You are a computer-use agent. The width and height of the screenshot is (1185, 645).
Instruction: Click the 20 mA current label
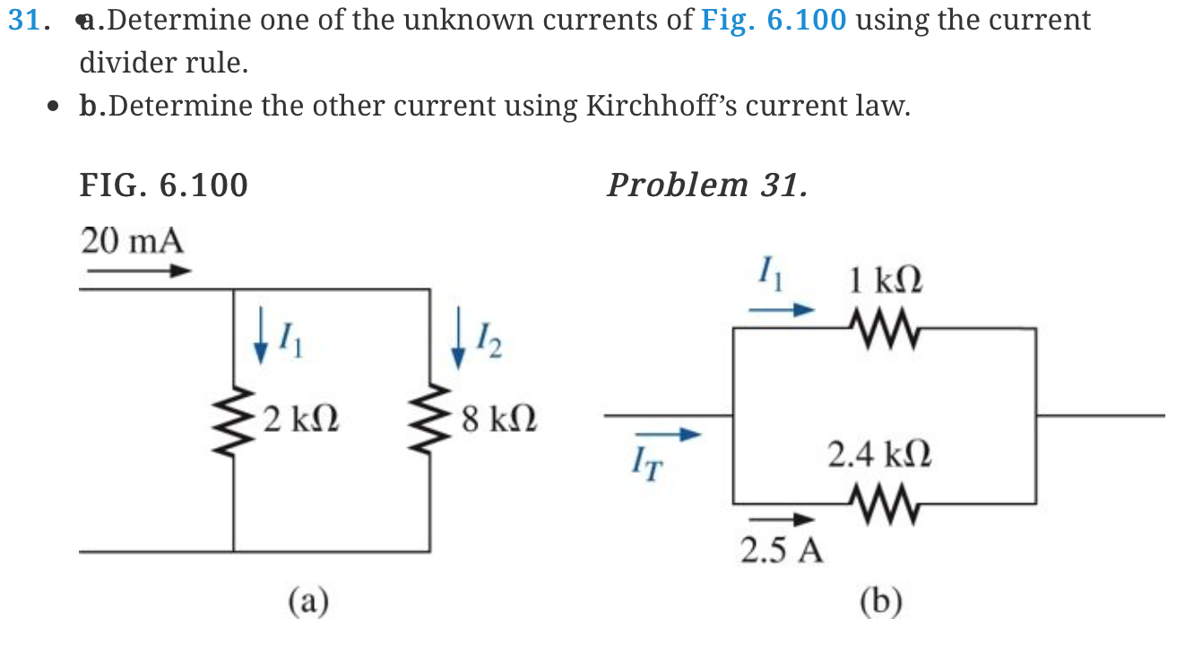click(x=133, y=241)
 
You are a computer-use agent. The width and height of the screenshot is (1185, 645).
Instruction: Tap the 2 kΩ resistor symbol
click(x=234, y=419)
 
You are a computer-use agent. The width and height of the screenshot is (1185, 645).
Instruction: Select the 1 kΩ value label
click(x=885, y=280)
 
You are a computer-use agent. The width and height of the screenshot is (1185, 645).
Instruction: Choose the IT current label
click(x=644, y=465)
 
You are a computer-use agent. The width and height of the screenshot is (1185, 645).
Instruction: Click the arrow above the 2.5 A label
click(x=782, y=520)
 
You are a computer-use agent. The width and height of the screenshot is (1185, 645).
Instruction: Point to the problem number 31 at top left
click(x=23, y=21)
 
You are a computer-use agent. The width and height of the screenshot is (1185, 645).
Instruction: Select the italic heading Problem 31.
click(x=706, y=185)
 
